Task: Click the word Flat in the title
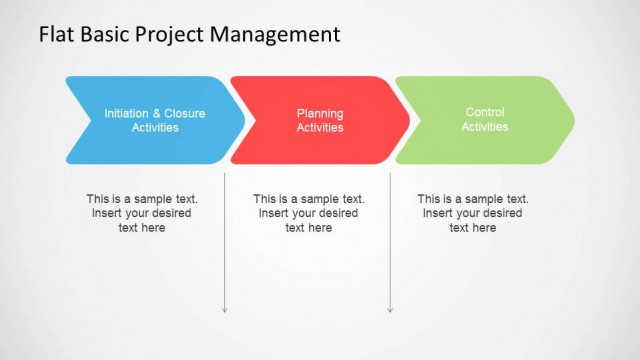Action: (56, 35)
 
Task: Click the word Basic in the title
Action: (105, 35)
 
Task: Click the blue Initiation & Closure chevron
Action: (150, 120)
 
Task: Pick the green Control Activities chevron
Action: (485, 120)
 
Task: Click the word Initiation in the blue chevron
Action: (128, 114)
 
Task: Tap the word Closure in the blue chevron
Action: (185, 114)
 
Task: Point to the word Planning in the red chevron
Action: (320, 114)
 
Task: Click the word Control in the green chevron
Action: (485, 113)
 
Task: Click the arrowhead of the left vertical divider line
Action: (225, 309)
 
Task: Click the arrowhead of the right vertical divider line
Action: (390, 309)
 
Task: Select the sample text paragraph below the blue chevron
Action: (142, 213)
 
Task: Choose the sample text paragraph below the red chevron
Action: (309, 213)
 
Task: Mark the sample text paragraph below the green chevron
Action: (473, 213)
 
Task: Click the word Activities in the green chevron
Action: (485, 127)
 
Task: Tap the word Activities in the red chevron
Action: (320, 128)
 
